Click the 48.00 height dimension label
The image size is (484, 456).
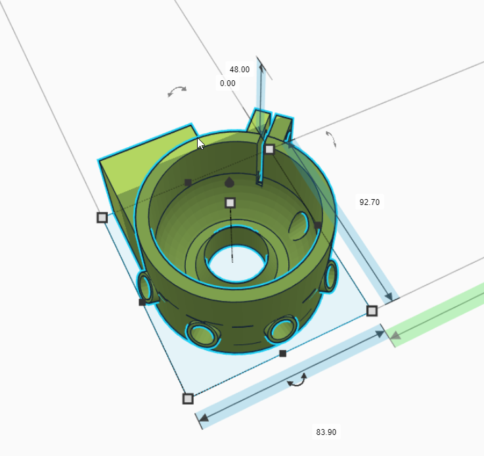[x=239, y=69]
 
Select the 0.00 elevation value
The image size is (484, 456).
[x=228, y=83]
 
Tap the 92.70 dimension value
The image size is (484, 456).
[x=369, y=202]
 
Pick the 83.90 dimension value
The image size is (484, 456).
[x=326, y=432]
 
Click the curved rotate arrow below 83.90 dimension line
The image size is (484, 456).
[x=297, y=379]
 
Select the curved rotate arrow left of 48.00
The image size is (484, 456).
[x=177, y=91]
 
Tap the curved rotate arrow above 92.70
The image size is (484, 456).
[x=331, y=138]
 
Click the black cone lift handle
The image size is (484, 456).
[x=229, y=182]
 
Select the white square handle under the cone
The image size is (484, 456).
[x=230, y=202]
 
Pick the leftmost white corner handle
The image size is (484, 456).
[x=102, y=217]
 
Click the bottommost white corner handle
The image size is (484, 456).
[x=188, y=398]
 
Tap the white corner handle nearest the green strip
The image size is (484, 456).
[x=372, y=310]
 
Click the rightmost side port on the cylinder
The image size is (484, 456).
[x=330, y=275]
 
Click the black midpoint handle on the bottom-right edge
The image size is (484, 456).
[x=282, y=353]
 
